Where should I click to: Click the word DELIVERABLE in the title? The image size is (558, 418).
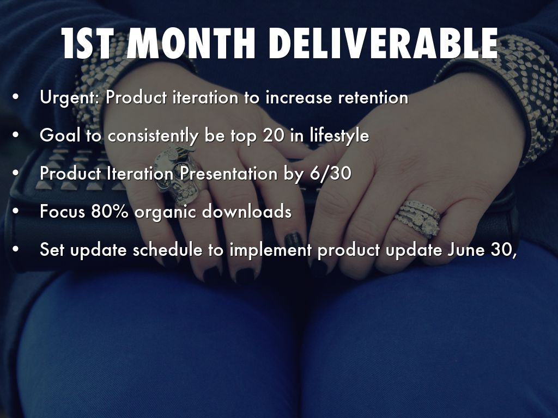click(x=383, y=44)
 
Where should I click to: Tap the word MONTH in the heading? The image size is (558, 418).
click(x=191, y=44)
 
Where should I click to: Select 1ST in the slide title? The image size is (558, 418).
click(x=88, y=44)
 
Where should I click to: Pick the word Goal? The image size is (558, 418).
click(x=60, y=136)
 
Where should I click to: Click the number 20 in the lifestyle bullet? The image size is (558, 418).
click(x=274, y=136)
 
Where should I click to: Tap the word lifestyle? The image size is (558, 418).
click(x=339, y=136)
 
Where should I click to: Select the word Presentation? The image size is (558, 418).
click(x=228, y=174)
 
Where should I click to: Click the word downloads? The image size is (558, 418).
click(x=247, y=211)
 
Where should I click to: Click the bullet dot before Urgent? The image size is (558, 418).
click(x=15, y=97)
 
